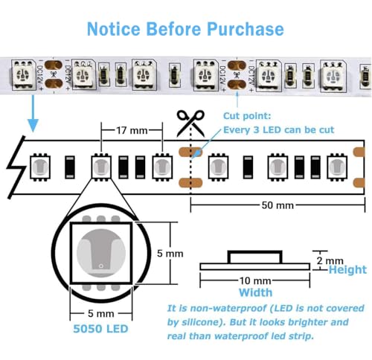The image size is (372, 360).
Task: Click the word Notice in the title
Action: (114, 29)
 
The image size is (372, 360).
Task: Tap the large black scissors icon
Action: (190, 123)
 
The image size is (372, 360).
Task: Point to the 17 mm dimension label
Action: (132, 130)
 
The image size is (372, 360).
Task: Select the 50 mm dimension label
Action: (278, 205)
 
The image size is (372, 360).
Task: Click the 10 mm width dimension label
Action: (255, 280)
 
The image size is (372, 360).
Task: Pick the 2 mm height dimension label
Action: (330, 260)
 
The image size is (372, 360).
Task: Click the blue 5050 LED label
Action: (100, 329)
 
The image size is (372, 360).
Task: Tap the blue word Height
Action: (347, 270)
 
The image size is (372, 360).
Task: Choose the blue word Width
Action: (255, 292)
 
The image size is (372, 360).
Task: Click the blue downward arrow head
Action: (33, 125)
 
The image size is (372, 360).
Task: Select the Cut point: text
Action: (247, 116)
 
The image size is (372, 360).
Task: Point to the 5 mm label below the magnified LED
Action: (101, 314)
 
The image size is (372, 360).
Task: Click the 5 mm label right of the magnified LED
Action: (170, 254)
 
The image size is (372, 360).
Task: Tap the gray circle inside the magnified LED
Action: (101, 253)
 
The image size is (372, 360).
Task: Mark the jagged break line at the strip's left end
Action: (16, 167)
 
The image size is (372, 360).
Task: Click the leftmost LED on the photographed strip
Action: (23, 74)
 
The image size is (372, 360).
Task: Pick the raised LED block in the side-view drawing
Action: (254, 257)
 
